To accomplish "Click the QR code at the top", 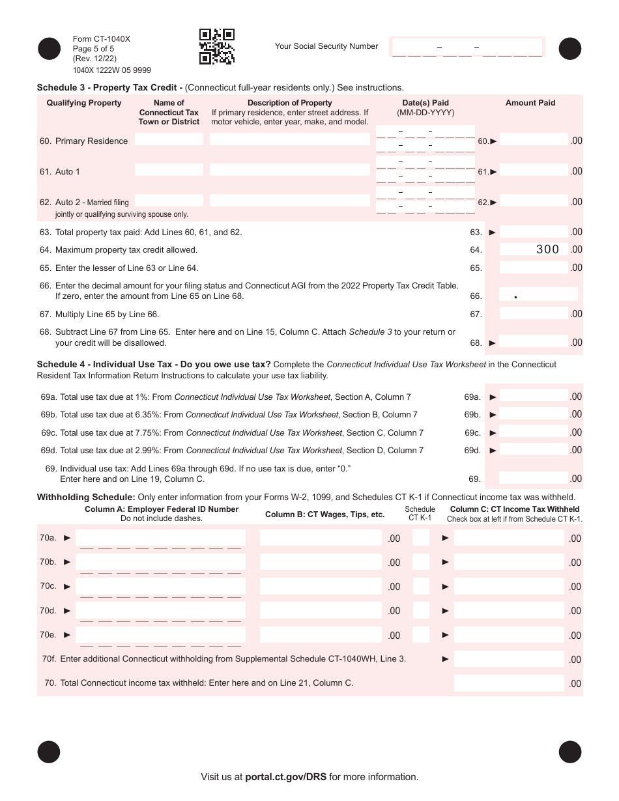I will point(216,47).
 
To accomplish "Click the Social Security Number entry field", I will point(467,47).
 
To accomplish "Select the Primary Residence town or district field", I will point(169,139).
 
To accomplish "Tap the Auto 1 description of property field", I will point(290,170).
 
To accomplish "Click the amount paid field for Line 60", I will point(533,139).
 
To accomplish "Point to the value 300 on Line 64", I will point(547,249).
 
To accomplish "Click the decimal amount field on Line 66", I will point(538,294).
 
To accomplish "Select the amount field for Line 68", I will point(533,342).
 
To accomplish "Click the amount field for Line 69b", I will point(533,414).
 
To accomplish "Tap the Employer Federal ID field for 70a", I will point(160,538).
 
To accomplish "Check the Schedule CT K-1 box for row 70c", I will point(421,586).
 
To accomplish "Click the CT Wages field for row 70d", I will point(321,610).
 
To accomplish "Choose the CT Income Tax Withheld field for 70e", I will point(508,634).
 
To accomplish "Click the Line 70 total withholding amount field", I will point(508,683).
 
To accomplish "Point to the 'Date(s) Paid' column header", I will point(425,103).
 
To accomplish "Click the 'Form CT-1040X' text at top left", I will point(102,39).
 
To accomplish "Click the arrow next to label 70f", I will point(446,659).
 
